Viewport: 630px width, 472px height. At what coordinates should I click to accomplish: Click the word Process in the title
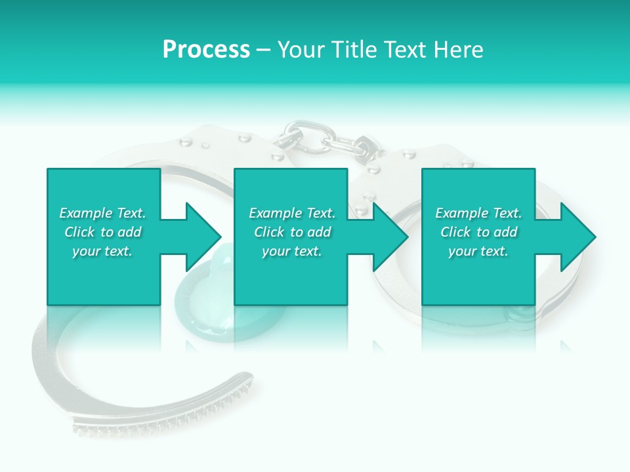tap(206, 50)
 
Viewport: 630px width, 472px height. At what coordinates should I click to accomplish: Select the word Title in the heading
tap(354, 50)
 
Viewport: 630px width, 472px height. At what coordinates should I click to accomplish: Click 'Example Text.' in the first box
tap(102, 213)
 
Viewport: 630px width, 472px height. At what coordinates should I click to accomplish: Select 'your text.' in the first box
tap(102, 251)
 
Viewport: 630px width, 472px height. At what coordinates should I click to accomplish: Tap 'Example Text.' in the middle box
tap(292, 213)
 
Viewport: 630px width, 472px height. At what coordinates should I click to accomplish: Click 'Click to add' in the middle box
tap(292, 232)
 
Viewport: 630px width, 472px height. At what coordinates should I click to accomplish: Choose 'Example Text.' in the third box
tap(478, 213)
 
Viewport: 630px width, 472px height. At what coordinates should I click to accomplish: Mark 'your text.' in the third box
tap(478, 251)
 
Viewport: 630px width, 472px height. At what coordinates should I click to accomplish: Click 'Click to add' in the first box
tap(102, 232)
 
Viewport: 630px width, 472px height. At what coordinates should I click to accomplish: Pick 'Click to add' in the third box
tap(478, 232)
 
